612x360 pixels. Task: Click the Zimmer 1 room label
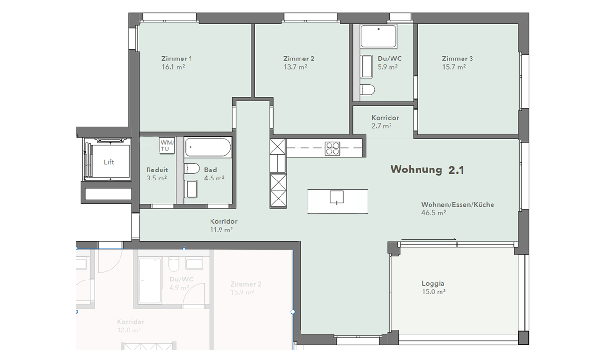click(177, 59)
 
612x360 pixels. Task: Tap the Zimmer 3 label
click(457, 59)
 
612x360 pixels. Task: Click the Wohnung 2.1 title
click(427, 170)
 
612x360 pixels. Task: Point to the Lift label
click(109, 162)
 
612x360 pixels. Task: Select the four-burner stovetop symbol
click(332, 149)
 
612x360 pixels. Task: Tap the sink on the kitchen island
click(337, 197)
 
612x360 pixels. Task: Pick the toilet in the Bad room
click(191, 169)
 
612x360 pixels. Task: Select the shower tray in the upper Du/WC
click(378, 37)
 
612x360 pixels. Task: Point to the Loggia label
click(433, 283)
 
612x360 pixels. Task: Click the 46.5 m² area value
click(433, 213)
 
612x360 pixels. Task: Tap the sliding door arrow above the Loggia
click(429, 239)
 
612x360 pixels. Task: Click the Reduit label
click(157, 170)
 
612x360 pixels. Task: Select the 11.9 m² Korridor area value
click(221, 230)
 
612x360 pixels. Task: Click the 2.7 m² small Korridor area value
click(381, 126)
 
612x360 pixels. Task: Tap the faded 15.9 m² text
click(242, 292)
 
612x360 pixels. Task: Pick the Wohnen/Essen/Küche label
click(457, 205)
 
